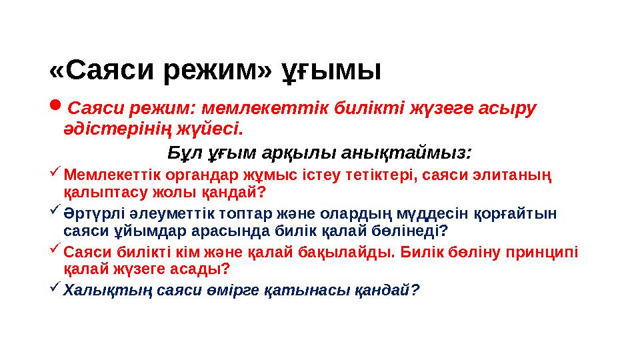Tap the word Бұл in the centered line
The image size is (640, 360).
(185, 153)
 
